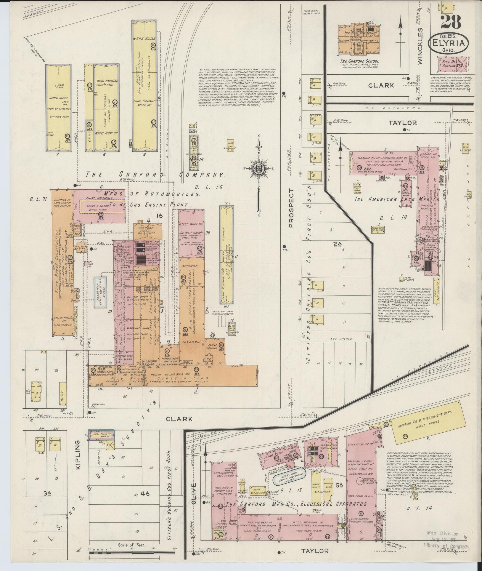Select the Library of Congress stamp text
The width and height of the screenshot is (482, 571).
(x=446, y=546)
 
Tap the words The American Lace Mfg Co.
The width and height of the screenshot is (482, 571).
(x=397, y=199)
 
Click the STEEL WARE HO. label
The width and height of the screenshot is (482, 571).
(x=191, y=224)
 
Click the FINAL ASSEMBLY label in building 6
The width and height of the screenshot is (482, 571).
(x=100, y=198)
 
